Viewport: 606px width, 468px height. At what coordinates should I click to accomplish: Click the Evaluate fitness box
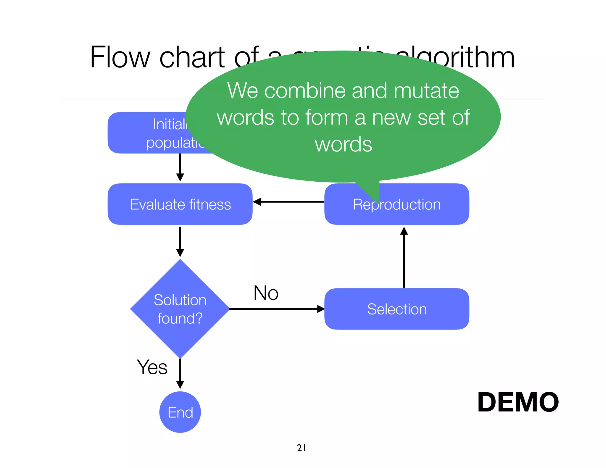tap(180, 204)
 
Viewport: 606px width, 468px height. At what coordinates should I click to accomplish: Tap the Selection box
tap(397, 309)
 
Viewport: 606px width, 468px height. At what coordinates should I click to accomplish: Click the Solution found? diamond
tap(180, 309)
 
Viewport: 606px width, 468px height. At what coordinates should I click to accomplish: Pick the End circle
tap(180, 412)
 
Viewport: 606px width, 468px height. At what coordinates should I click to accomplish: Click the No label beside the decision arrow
tap(266, 293)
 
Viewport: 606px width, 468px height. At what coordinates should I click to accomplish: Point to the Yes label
tap(152, 367)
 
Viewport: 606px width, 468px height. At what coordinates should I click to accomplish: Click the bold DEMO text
tap(518, 402)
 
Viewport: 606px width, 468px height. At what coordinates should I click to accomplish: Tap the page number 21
tap(301, 448)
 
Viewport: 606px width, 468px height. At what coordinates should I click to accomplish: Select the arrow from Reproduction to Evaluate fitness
tap(289, 202)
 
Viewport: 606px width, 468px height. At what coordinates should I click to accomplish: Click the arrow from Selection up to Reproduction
tap(404, 257)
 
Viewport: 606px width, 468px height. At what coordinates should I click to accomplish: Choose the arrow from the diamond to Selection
tap(277, 309)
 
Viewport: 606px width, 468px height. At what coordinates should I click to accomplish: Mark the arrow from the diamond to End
tap(180, 374)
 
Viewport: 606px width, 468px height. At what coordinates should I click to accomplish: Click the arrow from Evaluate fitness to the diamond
tap(180, 241)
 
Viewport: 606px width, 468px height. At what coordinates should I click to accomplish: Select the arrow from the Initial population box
tap(180, 167)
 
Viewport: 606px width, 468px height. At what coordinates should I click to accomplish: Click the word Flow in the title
tap(120, 57)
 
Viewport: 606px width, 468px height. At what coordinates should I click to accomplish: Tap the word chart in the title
tap(192, 57)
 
